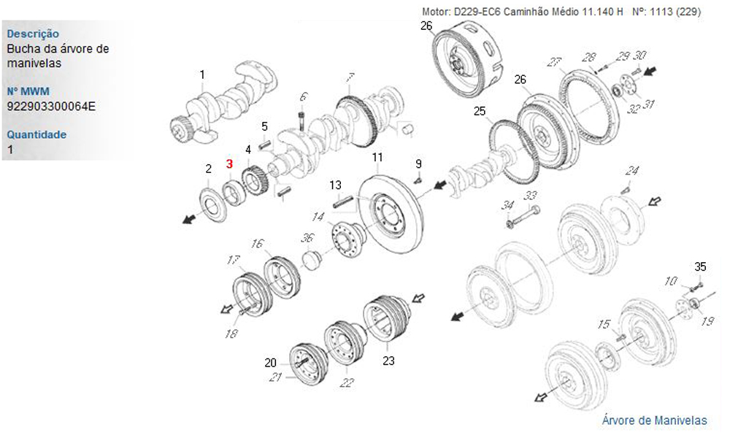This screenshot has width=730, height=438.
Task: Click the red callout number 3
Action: (229, 164)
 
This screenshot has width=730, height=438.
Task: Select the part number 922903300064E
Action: (51, 106)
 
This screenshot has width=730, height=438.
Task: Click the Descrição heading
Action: (33, 34)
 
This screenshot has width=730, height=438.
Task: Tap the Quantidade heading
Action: (36, 134)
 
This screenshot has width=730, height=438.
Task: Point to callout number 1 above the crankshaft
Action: (202, 74)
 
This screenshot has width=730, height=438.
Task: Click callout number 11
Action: (377, 158)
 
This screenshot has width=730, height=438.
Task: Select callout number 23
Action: (388, 360)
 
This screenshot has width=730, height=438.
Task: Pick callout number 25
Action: (479, 112)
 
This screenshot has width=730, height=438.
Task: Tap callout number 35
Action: (701, 266)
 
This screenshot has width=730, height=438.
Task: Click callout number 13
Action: (335, 184)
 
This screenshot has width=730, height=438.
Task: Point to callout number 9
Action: (418, 163)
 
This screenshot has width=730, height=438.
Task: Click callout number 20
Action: (270, 362)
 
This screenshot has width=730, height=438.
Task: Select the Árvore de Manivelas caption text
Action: (654, 420)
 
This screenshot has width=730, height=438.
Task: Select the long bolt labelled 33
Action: (523, 217)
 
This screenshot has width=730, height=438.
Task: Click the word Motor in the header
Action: (436, 12)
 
